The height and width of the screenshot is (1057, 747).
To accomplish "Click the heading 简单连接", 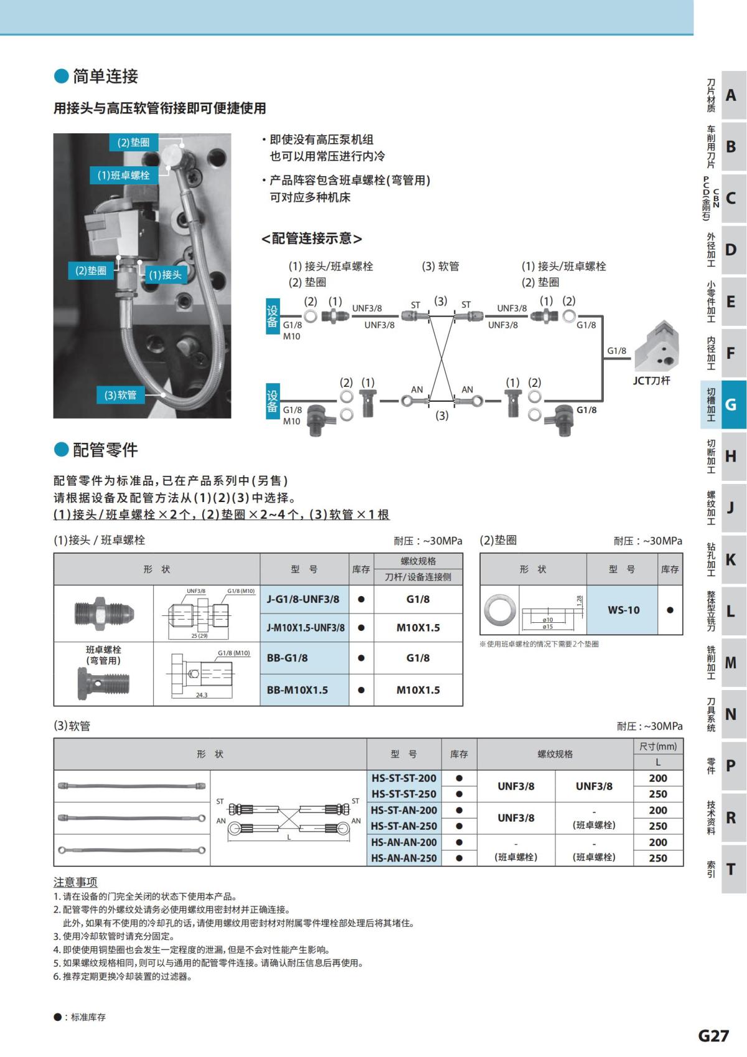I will tap(105, 77).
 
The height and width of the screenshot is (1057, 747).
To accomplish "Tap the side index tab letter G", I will tap(731, 405).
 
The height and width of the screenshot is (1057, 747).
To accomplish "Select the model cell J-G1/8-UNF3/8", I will tap(303, 599).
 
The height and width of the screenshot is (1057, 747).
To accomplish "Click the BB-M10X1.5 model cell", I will tap(297, 690).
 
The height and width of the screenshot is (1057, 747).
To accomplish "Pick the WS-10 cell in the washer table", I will tap(623, 610).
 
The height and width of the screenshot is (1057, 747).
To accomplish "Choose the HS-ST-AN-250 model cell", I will tap(403, 826).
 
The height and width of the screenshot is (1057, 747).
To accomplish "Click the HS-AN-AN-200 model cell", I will tap(403, 842).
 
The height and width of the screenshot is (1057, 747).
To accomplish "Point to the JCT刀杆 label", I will tap(651, 381).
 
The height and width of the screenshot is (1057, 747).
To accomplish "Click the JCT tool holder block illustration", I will tap(659, 346).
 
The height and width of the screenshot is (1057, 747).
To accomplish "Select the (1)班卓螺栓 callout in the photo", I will tap(123, 175).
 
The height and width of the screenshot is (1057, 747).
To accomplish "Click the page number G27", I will tap(713, 1035).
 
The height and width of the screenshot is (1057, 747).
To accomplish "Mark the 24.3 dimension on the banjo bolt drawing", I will tap(202, 694).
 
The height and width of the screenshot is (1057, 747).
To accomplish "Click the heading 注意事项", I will tap(75, 882).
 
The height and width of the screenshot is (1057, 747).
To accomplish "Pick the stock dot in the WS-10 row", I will tap(670, 610).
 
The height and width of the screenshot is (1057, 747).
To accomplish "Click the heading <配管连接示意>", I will tap(311, 239).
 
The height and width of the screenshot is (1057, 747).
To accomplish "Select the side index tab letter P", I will tap(731, 765).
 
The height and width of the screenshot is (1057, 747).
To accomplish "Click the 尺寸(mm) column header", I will tap(657, 746).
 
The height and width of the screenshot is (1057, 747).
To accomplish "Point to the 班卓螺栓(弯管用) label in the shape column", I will tap(103, 655).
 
